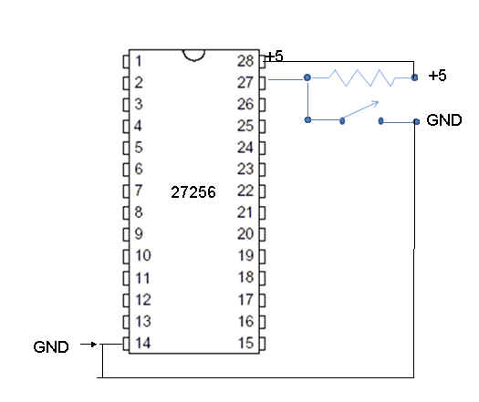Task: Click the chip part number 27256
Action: [193, 192]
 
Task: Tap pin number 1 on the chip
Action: [139, 61]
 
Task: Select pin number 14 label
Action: [143, 343]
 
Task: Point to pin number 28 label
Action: [245, 61]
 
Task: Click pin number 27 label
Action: [245, 82]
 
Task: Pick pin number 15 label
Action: [246, 343]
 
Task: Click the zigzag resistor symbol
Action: [361, 77]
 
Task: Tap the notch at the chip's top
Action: [193, 56]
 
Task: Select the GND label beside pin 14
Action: [51, 347]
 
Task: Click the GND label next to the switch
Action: [444, 120]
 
